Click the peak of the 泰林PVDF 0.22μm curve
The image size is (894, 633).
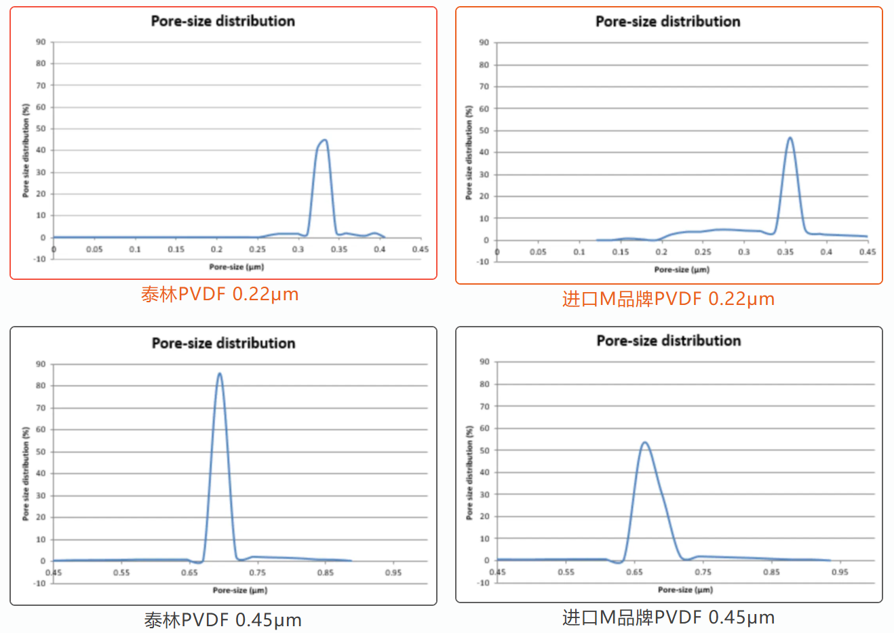[x=324, y=140]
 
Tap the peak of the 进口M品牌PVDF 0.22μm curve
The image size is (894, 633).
[x=790, y=138]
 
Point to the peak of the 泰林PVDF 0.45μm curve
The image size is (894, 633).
[x=219, y=373]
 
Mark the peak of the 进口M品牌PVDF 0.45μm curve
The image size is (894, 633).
[x=644, y=443]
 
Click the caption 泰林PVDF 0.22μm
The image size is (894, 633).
[x=220, y=294]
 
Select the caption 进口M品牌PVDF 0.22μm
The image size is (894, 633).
[x=668, y=299]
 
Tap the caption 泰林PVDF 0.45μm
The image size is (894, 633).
[x=222, y=620]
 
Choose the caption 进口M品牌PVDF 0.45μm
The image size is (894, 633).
[x=668, y=617]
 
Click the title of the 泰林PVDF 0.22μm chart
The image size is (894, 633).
[x=222, y=21]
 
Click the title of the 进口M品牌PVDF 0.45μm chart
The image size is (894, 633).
[x=668, y=341]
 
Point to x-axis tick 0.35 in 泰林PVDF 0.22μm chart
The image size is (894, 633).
[x=339, y=249]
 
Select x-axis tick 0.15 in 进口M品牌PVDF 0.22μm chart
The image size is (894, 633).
[x=621, y=252]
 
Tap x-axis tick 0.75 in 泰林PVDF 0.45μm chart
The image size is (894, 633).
[x=257, y=573]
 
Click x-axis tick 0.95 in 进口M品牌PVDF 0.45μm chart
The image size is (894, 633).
[x=840, y=572]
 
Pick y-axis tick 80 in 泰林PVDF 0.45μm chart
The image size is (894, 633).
[x=41, y=386]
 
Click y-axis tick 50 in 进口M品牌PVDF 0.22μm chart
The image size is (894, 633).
[x=484, y=130]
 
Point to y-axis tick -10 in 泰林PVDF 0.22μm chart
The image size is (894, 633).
[x=39, y=259]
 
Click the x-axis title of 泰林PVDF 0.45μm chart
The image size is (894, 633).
[x=240, y=590]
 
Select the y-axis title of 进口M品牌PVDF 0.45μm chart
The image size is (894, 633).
[x=469, y=472]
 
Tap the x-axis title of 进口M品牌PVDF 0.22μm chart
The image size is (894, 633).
[x=682, y=270]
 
